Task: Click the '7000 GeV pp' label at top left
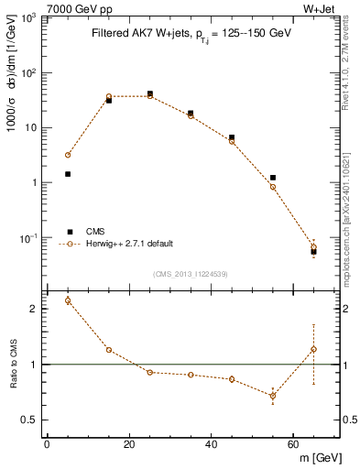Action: (x=73, y=8)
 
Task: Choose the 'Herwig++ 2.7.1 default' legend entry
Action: (x=129, y=244)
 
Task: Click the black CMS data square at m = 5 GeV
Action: (x=68, y=173)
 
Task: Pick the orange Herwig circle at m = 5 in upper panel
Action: (x=68, y=155)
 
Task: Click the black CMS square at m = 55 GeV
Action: (x=273, y=178)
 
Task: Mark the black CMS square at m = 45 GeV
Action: (x=232, y=137)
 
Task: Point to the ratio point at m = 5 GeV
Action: (x=68, y=300)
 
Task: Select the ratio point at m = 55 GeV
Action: (x=273, y=396)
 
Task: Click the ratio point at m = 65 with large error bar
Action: (x=313, y=349)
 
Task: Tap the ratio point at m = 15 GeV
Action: (x=109, y=350)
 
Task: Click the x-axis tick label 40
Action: (x=211, y=444)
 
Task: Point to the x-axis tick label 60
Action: (x=292, y=444)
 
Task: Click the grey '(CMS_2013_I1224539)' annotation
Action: (x=192, y=274)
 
